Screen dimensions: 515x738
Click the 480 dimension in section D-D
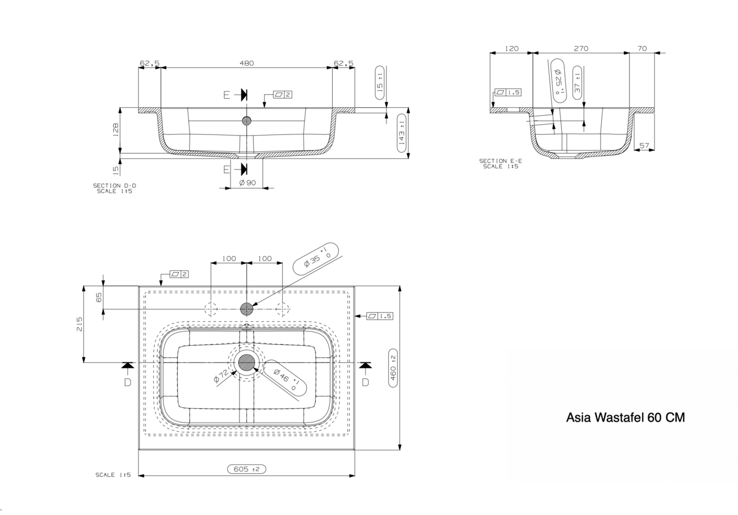point(246,63)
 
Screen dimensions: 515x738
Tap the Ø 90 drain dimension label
point(248,183)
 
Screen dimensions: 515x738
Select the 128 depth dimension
point(116,130)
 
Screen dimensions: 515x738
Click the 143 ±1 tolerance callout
point(402,133)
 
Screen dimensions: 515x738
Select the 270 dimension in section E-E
point(581,48)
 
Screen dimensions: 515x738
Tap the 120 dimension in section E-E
point(511,48)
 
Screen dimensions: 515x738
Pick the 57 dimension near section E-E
point(644,146)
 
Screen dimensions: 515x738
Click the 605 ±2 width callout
point(246,469)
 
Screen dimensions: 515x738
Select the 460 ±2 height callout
point(393,368)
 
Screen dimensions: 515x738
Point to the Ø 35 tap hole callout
point(316,259)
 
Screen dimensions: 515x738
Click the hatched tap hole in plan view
point(246,309)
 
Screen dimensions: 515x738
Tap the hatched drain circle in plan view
point(246,362)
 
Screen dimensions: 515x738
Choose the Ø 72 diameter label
point(221,376)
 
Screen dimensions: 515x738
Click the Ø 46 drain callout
point(285,378)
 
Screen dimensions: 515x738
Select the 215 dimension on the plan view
point(79,324)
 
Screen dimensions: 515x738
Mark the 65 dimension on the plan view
point(99,297)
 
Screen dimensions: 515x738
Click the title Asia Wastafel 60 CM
point(625,417)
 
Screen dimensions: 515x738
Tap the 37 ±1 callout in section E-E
point(577,82)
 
